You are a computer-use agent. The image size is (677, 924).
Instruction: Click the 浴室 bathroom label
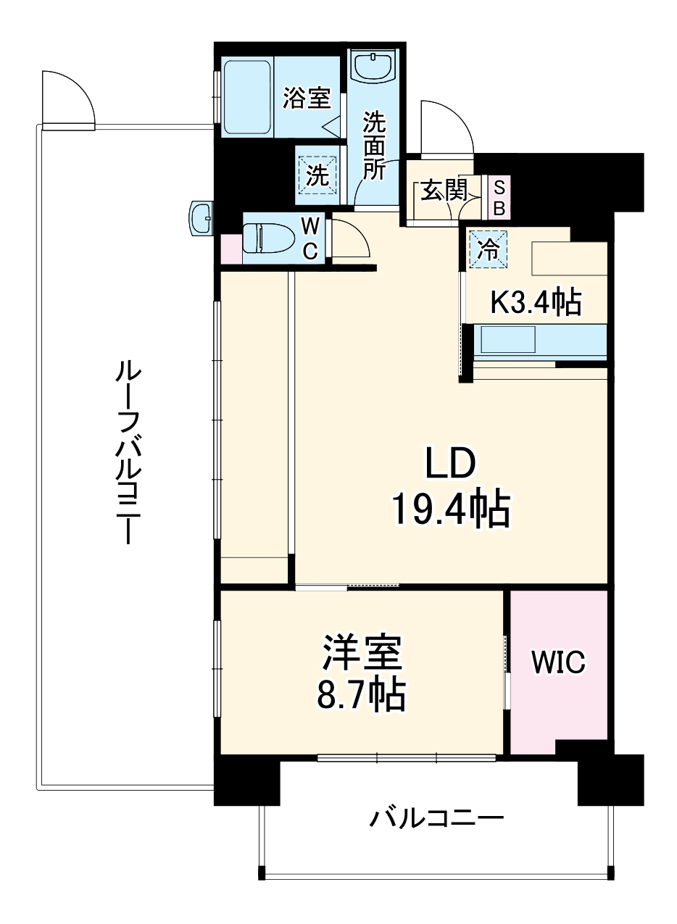(307, 98)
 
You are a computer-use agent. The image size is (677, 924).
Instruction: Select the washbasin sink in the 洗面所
(373, 67)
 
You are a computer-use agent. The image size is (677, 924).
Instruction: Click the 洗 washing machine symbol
(317, 175)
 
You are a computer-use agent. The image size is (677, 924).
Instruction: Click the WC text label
(310, 237)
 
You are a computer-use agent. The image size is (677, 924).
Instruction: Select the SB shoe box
(499, 197)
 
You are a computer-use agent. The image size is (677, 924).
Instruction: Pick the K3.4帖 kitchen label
(536, 301)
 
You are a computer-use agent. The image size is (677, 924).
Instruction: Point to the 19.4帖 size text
(451, 509)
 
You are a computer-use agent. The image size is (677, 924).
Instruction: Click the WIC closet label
(558, 661)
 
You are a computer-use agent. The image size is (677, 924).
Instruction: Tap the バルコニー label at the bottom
(437, 820)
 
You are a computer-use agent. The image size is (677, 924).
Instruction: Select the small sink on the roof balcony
(201, 216)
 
